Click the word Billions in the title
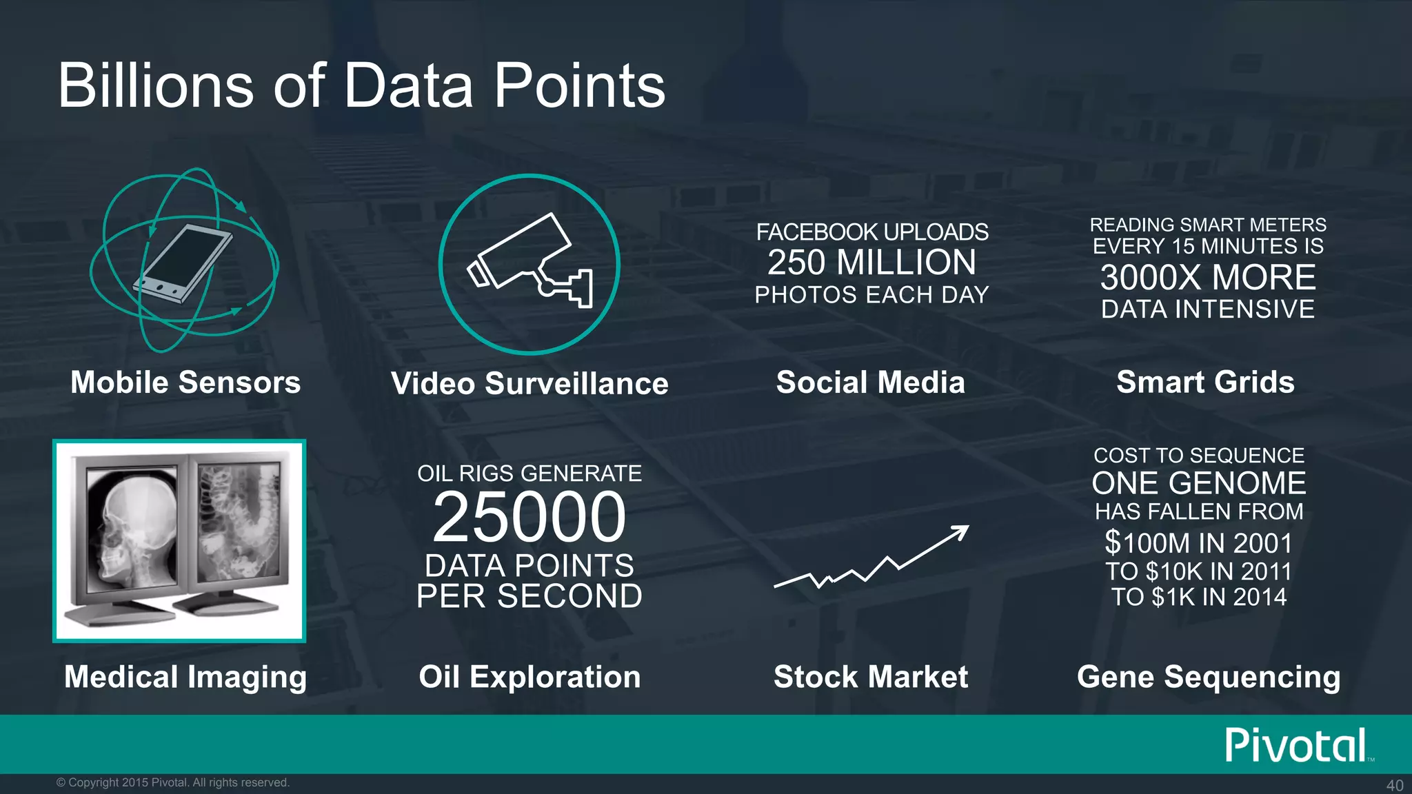coord(156,86)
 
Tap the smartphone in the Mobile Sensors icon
coord(183,263)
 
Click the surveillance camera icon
coord(529,262)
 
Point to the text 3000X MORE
coord(1208,278)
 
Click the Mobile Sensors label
coord(185,383)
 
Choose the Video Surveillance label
coord(529,384)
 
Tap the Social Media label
coord(871,383)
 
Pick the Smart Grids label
coord(1205,383)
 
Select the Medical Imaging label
coord(185,677)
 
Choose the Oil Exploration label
coord(529,677)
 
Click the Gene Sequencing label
coord(1209,677)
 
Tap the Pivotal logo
coord(1296,746)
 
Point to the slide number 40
coord(1394,785)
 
